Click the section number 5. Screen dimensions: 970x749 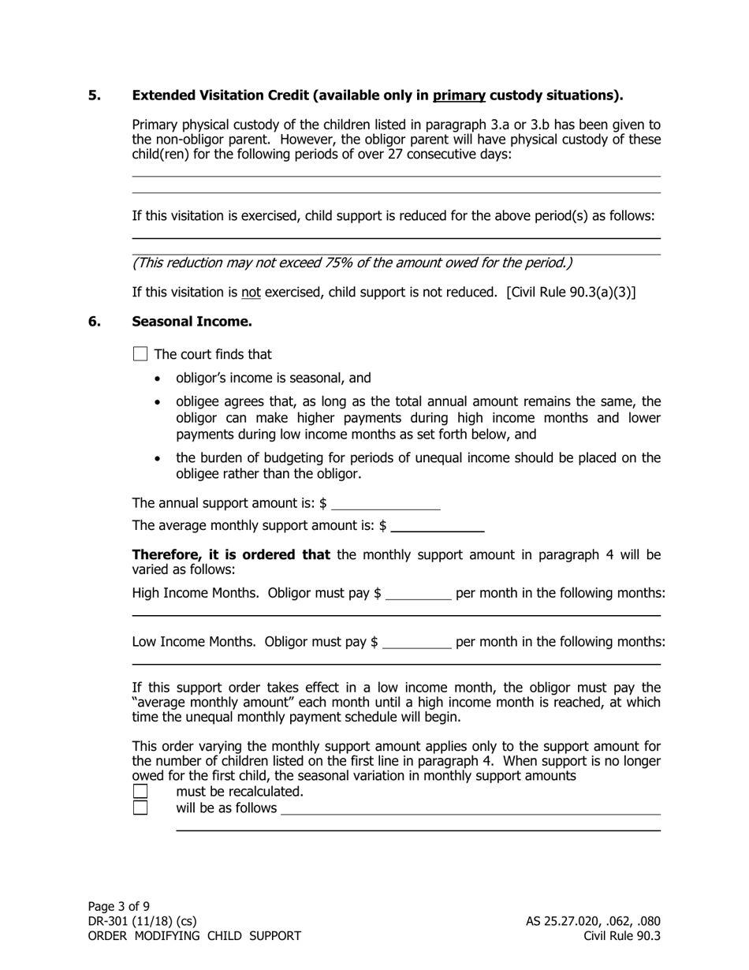[95, 95]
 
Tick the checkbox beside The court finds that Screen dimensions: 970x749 [140, 354]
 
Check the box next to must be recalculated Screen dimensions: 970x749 [140, 791]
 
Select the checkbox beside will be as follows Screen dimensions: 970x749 [140, 808]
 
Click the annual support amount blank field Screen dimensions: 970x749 [386, 503]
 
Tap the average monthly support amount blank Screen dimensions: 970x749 [437, 526]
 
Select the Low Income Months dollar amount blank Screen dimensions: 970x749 [416, 641]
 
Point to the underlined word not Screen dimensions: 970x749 [251, 293]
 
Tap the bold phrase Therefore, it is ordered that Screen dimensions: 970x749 [231, 554]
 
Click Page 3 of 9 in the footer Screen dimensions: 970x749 [119, 906]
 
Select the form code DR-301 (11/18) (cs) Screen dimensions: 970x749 [143, 921]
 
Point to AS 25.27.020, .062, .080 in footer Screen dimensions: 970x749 [593, 921]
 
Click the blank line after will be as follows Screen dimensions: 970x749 [471, 808]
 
